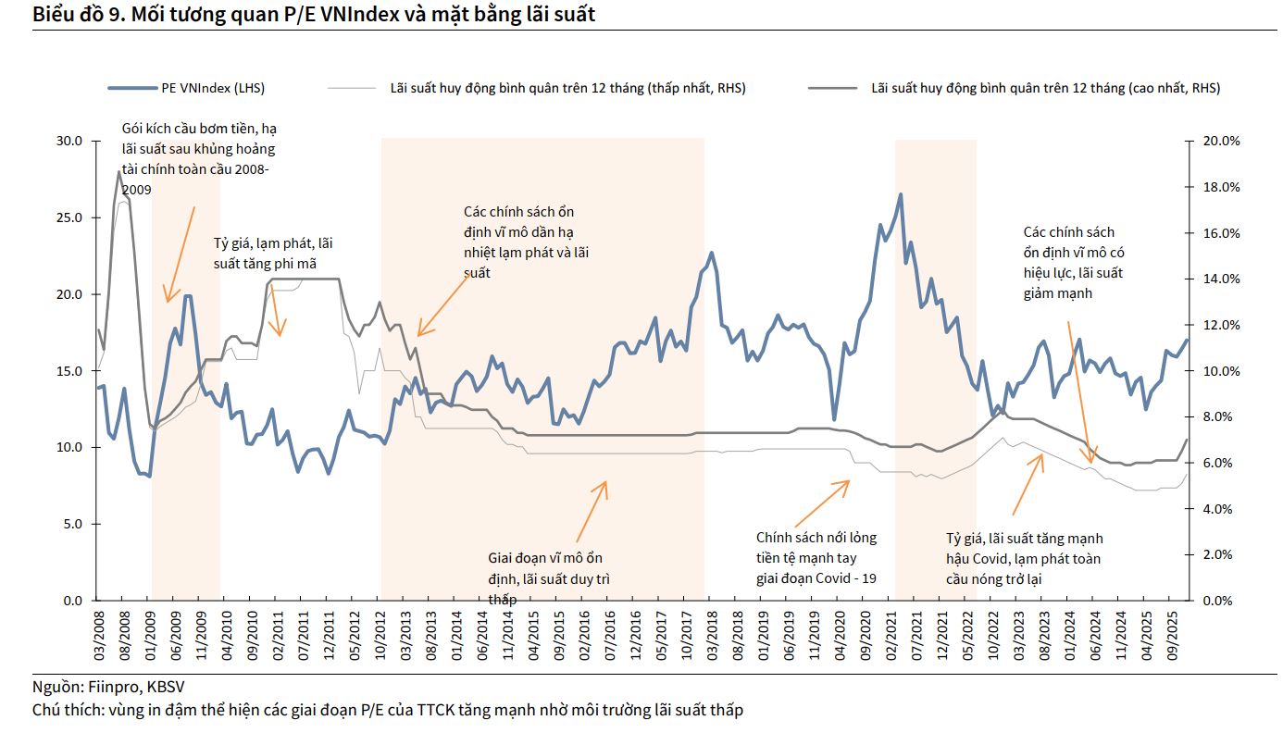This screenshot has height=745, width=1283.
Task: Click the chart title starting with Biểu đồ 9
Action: click(314, 15)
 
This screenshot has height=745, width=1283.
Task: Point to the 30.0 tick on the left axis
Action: click(70, 141)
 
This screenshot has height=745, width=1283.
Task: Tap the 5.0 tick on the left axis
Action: click(74, 524)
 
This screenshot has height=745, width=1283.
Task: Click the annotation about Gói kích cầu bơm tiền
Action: click(198, 158)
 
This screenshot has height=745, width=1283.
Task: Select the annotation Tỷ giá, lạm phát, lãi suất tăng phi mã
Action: click(272, 254)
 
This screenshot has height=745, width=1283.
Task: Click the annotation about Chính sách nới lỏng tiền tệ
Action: click(816, 558)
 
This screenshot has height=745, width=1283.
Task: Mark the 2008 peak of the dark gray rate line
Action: click(118, 171)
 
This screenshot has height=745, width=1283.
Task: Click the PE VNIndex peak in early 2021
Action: click(900, 194)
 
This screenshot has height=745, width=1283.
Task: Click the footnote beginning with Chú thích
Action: click(387, 710)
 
